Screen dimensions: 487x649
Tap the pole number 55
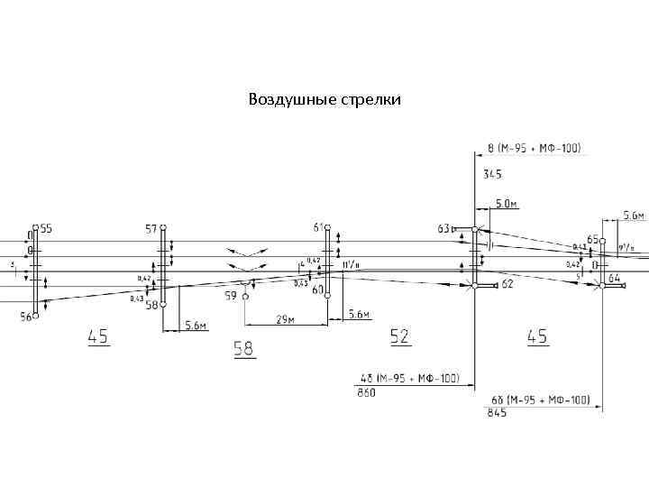45,229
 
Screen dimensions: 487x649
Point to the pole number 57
151,229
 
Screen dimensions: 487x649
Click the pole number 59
231,295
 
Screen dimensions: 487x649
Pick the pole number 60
317,290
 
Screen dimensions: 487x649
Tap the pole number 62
507,284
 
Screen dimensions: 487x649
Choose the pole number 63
443,229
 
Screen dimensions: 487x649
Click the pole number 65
593,240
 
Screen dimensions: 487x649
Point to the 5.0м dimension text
507,204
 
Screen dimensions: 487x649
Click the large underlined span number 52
400,335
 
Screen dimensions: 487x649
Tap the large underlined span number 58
243,348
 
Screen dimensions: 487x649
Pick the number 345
493,173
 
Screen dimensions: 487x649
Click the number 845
497,413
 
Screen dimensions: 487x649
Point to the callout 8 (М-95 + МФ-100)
534,147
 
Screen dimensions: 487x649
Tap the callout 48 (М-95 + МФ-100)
410,379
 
